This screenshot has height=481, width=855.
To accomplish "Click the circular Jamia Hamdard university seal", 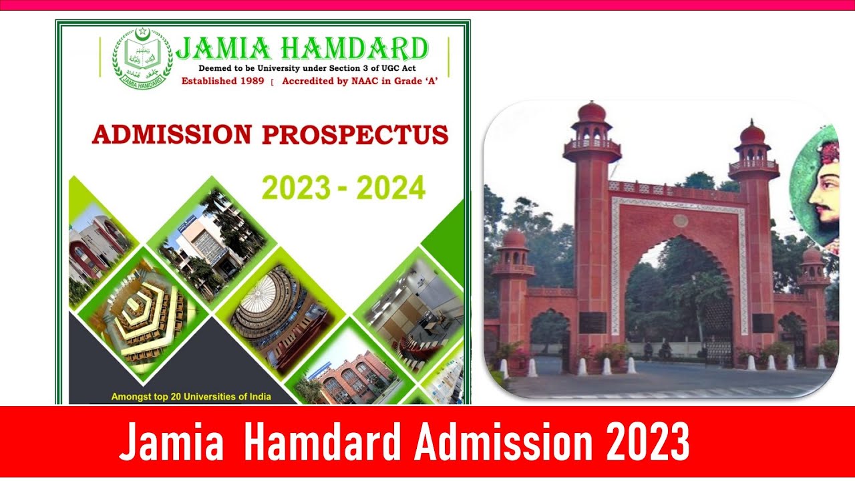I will (x=142, y=59).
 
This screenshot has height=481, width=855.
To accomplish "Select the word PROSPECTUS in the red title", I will (x=355, y=134).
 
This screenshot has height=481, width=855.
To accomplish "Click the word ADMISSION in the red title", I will (x=172, y=134).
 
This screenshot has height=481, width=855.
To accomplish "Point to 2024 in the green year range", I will (x=391, y=188).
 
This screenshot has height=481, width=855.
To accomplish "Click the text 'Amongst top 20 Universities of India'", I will (x=191, y=397).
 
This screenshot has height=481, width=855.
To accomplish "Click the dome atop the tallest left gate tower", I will (x=592, y=112).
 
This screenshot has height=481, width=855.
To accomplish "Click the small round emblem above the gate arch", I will (x=680, y=220).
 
